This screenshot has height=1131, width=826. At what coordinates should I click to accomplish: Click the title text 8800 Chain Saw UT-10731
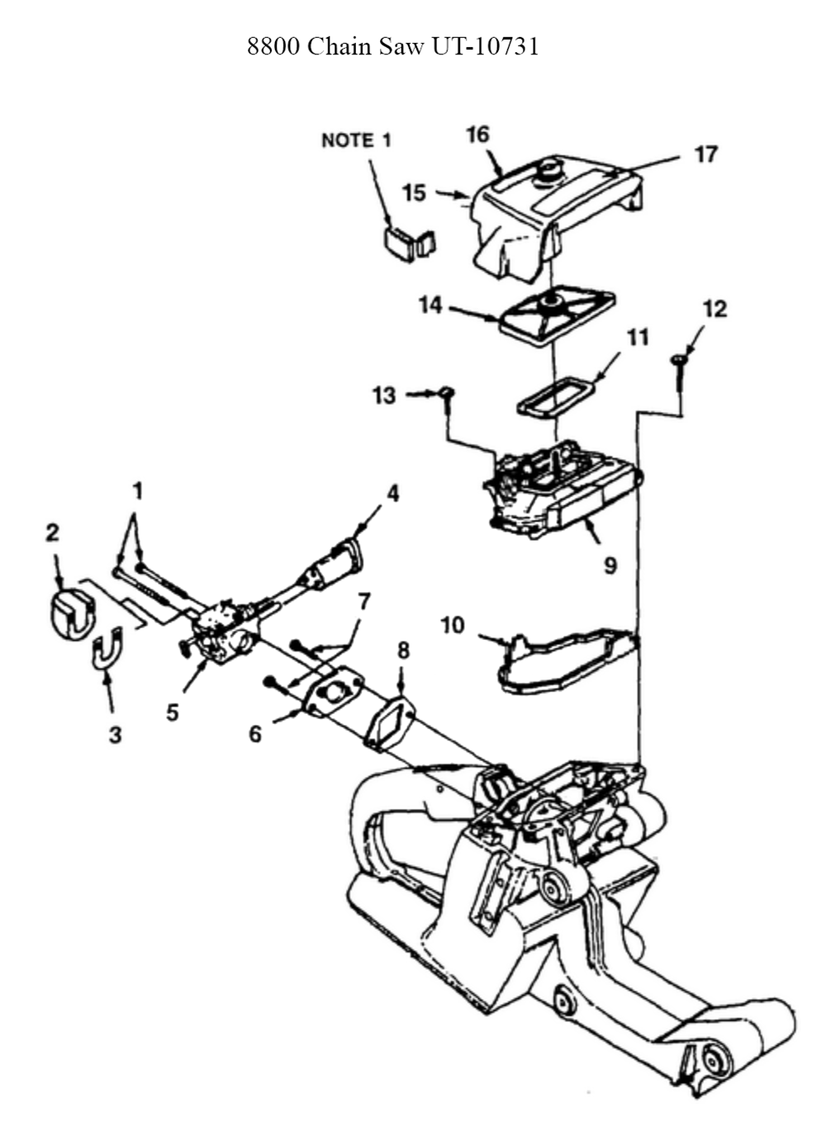[x=392, y=47]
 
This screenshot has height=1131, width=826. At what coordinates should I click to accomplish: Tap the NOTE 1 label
[x=357, y=140]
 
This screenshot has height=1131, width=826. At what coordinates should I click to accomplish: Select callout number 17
[x=705, y=154]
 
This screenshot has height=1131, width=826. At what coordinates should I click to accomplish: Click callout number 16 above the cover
[x=478, y=135]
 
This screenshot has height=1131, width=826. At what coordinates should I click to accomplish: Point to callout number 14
[x=430, y=305]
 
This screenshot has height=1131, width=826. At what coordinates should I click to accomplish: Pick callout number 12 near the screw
[x=714, y=309]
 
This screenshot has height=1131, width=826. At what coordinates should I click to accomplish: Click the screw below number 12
[x=678, y=374]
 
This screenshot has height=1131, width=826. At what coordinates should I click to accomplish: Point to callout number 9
[x=610, y=565]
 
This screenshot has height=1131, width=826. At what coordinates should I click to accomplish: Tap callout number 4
[x=392, y=494]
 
